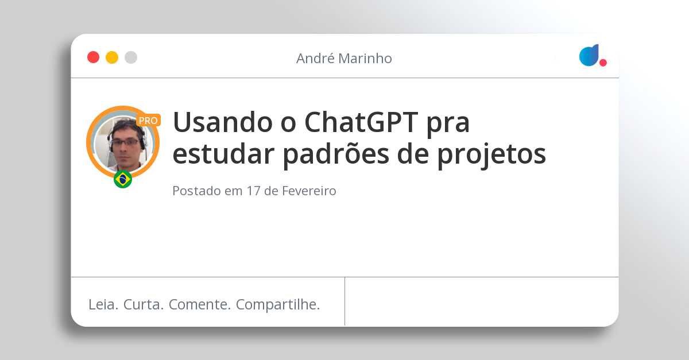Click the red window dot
point(93,57)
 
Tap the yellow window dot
point(112,57)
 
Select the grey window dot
point(131,57)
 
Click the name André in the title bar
point(314,58)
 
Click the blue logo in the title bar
point(589,55)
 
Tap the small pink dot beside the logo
point(603,63)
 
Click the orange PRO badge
point(148,121)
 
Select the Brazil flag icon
point(123,179)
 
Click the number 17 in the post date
point(253,191)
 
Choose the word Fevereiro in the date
point(309,191)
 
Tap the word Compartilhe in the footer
point(278,304)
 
